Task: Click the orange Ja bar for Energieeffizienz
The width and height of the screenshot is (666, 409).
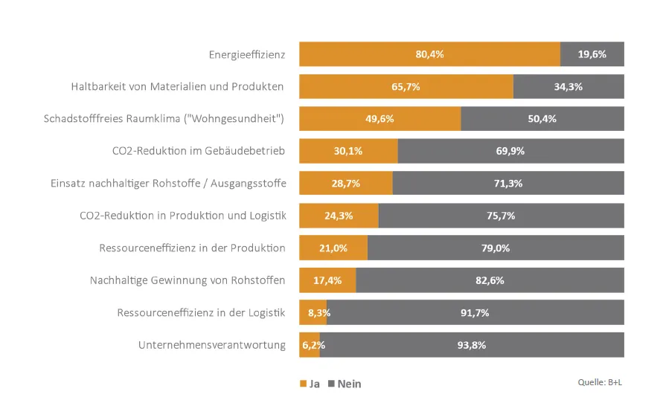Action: [429, 54]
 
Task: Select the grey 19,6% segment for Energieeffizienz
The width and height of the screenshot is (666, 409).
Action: [592, 54]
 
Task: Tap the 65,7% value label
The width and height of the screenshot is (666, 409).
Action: [406, 87]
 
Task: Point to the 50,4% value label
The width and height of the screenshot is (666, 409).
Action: [542, 119]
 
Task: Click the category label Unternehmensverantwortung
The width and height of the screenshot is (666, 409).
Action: [212, 345]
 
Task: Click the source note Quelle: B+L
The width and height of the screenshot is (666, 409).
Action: [601, 382]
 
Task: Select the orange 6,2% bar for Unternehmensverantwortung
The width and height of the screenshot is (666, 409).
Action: [310, 345]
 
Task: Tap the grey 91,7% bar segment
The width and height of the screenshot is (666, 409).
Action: [475, 313]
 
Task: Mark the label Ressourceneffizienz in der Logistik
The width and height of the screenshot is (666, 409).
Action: [201, 313]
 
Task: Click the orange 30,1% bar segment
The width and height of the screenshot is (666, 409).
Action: [348, 151]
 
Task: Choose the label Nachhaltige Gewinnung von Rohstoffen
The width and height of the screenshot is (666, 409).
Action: [188, 280]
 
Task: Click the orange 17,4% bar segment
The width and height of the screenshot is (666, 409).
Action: [327, 280]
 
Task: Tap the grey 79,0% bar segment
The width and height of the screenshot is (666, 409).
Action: [496, 248]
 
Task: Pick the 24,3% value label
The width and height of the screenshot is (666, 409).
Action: [339, 216]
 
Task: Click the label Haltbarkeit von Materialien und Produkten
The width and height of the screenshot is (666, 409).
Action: [178, 86]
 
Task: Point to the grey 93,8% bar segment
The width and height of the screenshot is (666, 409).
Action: [472, 345]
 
